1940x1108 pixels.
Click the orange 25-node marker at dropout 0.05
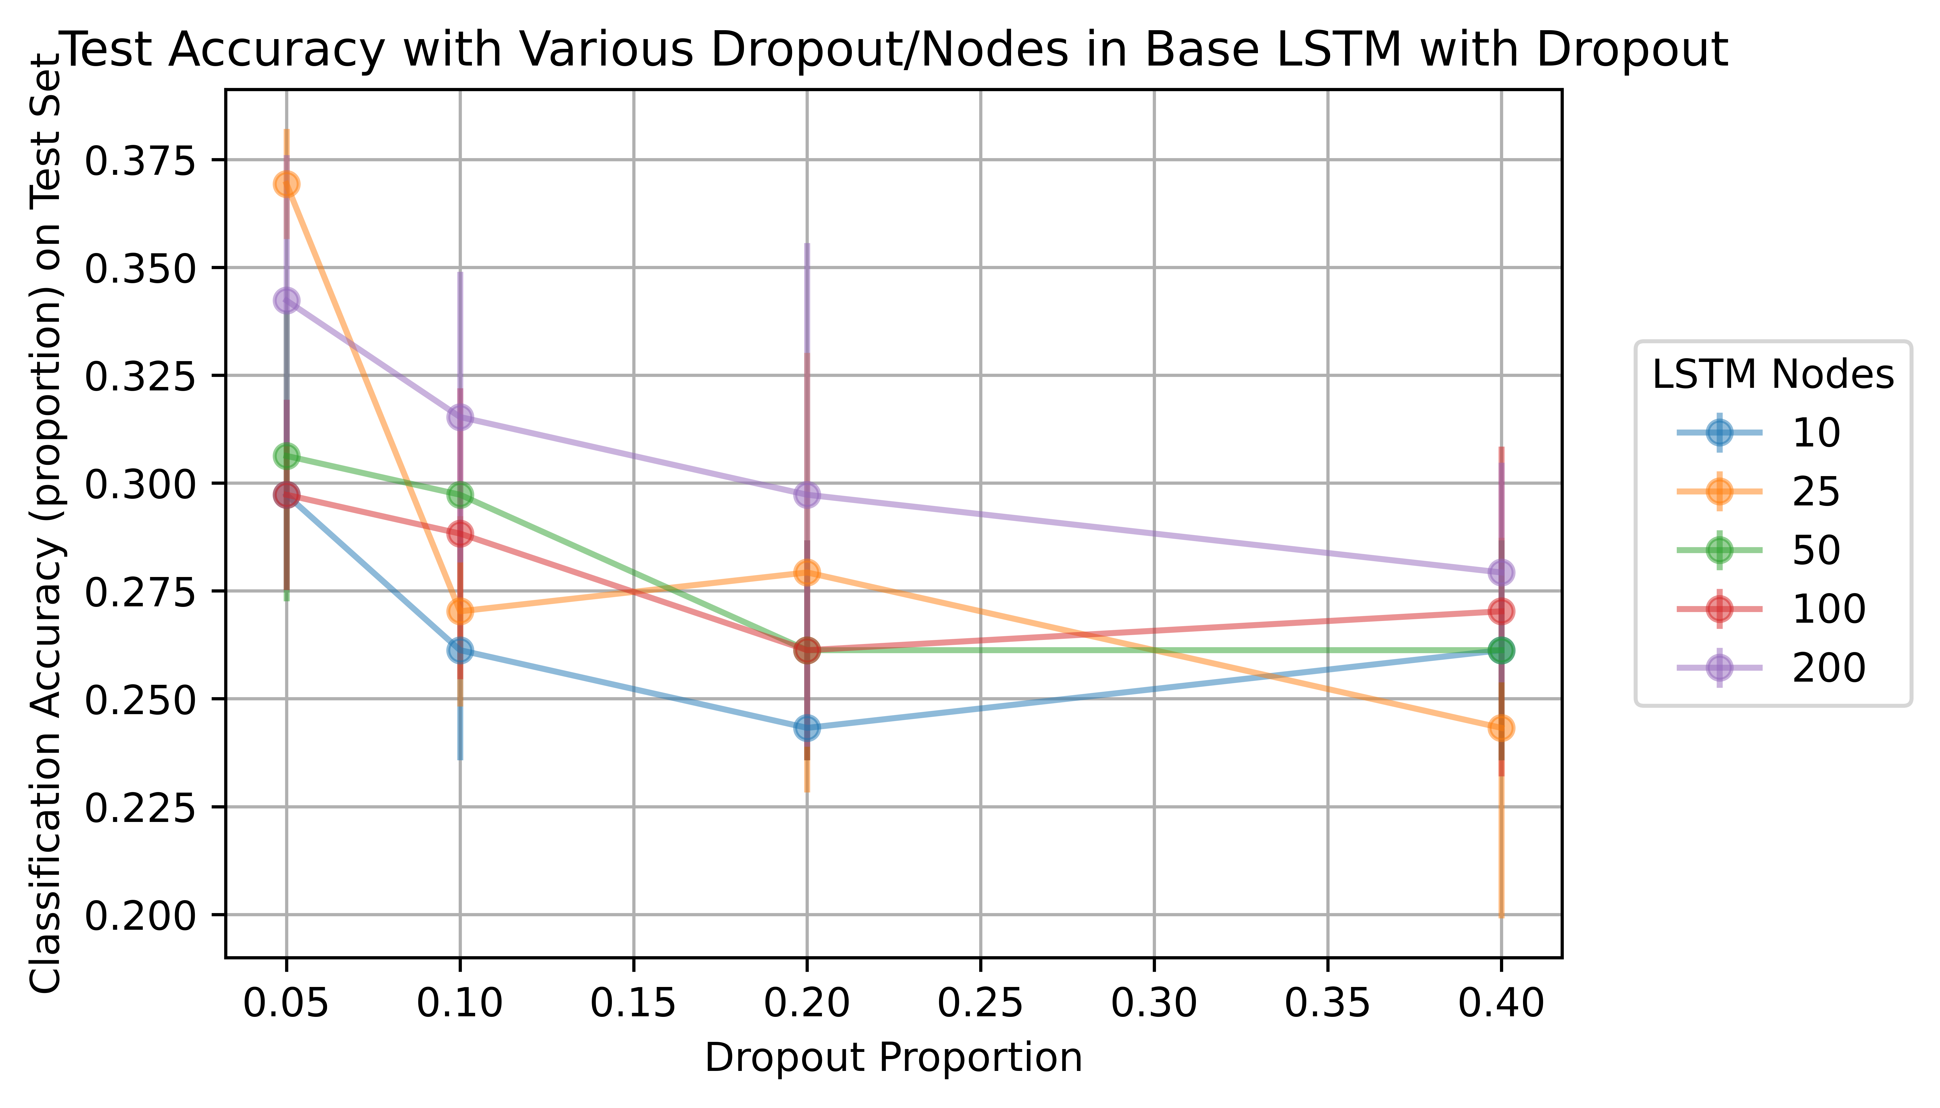click(286, 184)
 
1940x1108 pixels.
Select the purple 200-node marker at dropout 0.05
click(286, 301)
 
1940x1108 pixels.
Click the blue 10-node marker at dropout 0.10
click(460, 650)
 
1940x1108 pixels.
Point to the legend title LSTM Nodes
click(1773, 374)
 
